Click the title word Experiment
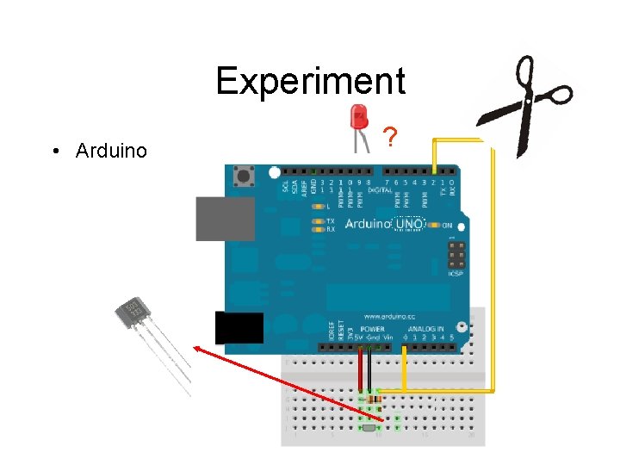(310, 81)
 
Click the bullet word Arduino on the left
(111, 152)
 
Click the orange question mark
(391, 137)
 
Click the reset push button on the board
(244, 177)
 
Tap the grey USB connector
(225, 219)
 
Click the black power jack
(239, 328)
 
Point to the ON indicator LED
(437, 226)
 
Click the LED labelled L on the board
(318, 208)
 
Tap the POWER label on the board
(372, 329)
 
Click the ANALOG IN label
(427, 329)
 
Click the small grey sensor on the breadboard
(369, 427)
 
